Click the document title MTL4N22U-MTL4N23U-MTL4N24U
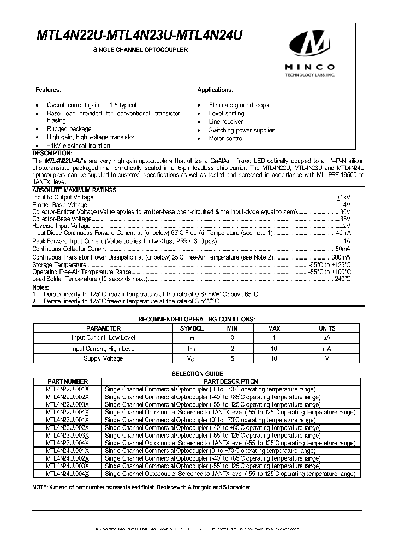(x=139, y=36)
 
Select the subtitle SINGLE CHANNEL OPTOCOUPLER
(x=141, y=50)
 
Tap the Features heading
(x=48, y=89)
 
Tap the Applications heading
(x=215, y=89)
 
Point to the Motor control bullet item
(x=226, y=139)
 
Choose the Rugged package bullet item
(x=69, y=129)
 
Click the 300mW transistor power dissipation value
(x=341, y=256)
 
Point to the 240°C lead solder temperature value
(x=342, y=279)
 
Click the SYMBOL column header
(x=192, y=328)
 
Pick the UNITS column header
(x=327, y=328)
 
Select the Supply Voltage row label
(x=103, y=358)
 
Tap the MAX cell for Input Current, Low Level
(x=274, y=338)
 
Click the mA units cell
(x=327, y=349)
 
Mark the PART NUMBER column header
(x=67, y=381)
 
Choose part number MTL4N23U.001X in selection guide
(x=67, y=420)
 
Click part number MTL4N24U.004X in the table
(x=67, y=473)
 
